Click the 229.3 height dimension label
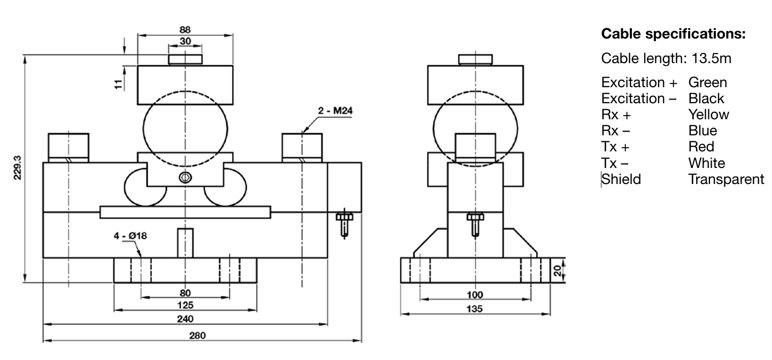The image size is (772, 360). pyautogui.click(x=18, y=168)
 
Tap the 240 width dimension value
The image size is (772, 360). pyautogui.click(x=185, y=319)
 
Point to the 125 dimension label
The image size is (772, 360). pyautogui.click(x=185, y=305)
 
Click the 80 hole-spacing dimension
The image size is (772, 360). pyautogui.click(x=185, y=293)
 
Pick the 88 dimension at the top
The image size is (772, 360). pyautogui.click(x=185, y=30)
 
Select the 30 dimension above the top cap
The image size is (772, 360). pyautogui.click(x=185, y=41)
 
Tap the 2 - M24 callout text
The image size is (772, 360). pyautogui.click(x=335, y=111)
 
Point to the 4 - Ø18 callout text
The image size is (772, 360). pyautogui.click(x=129, y=235)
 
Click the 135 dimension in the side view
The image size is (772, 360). pyautogui.click(x=475, y=309)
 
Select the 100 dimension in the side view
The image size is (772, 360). pyautogui.click(x=475, y=294)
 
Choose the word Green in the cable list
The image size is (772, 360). pyautogui.click(x=707, y=82)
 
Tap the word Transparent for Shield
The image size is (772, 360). pyautogui.click(x=726, y=179)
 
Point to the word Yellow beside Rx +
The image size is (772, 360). pyautogui.click(x=708, y=114)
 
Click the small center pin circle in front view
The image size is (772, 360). pyautogui.click(x=185, y=178)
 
